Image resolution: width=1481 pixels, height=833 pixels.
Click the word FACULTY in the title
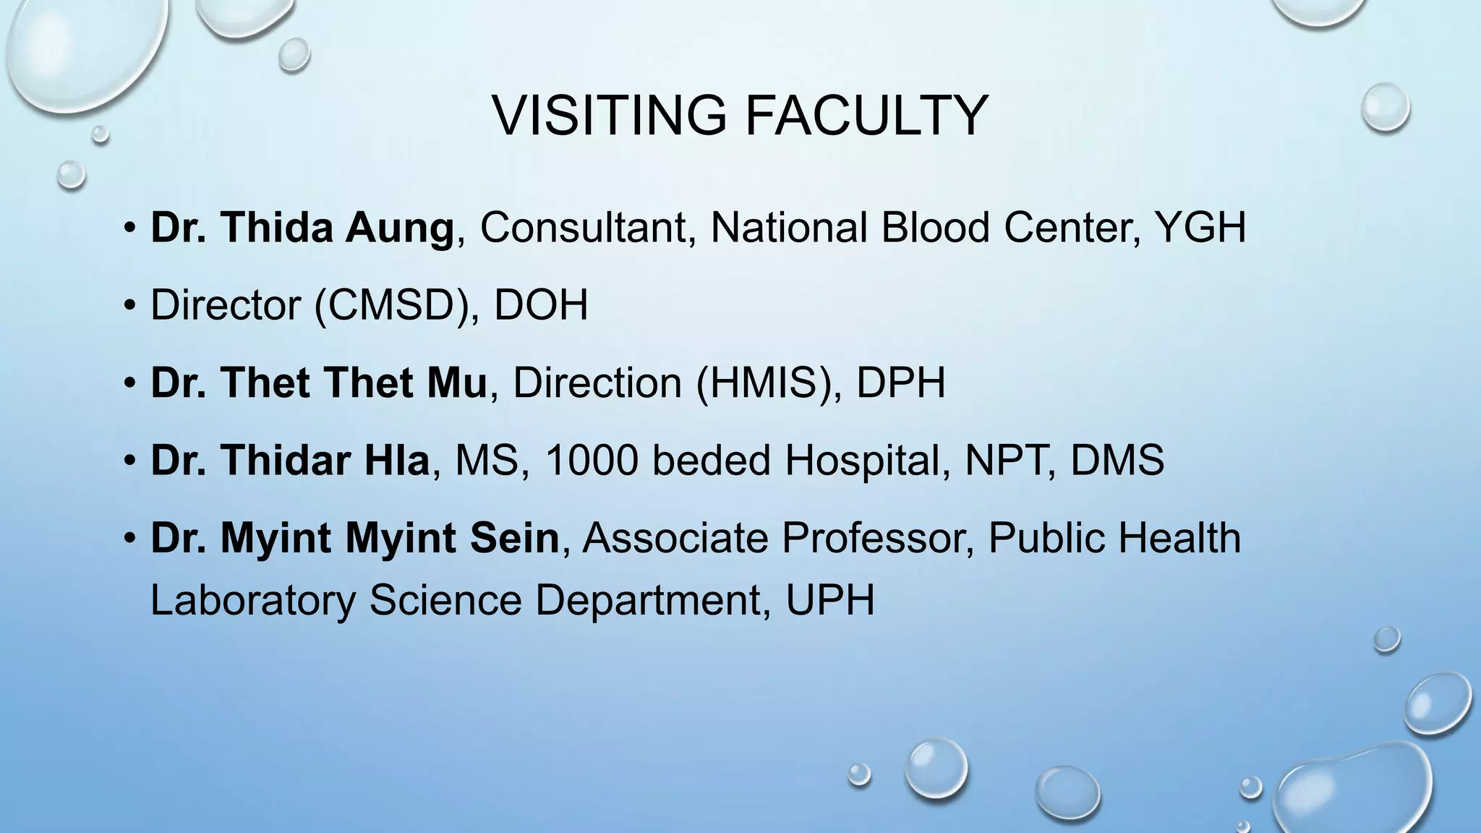[866, 116]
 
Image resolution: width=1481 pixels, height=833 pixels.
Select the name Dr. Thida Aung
[302, 228]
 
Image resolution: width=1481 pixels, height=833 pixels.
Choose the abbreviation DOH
[541, 305]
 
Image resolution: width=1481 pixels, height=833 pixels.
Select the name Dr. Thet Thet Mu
[319, 383]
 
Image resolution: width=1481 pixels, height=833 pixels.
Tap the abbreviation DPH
[901, 383]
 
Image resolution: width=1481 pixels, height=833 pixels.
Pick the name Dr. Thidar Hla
[290, 460]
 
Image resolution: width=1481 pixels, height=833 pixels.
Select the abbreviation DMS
[1117, 460]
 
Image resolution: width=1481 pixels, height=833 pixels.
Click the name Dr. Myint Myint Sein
[354, 538]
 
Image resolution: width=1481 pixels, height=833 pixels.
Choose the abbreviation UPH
[830, 600]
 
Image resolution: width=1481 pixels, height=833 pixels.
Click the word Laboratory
[253, 600]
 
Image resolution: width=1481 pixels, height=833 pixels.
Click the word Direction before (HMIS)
[597, 383]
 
